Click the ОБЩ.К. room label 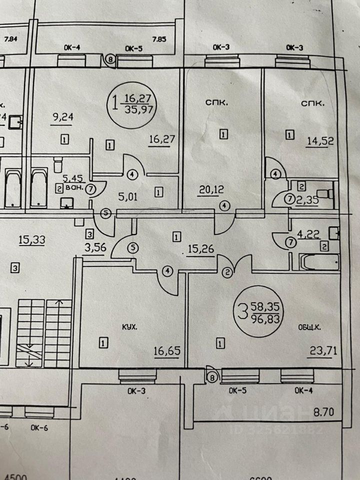click(x=307, y=327)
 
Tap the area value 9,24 click(x=62, y=119)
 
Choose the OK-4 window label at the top click(x=72, y=48)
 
